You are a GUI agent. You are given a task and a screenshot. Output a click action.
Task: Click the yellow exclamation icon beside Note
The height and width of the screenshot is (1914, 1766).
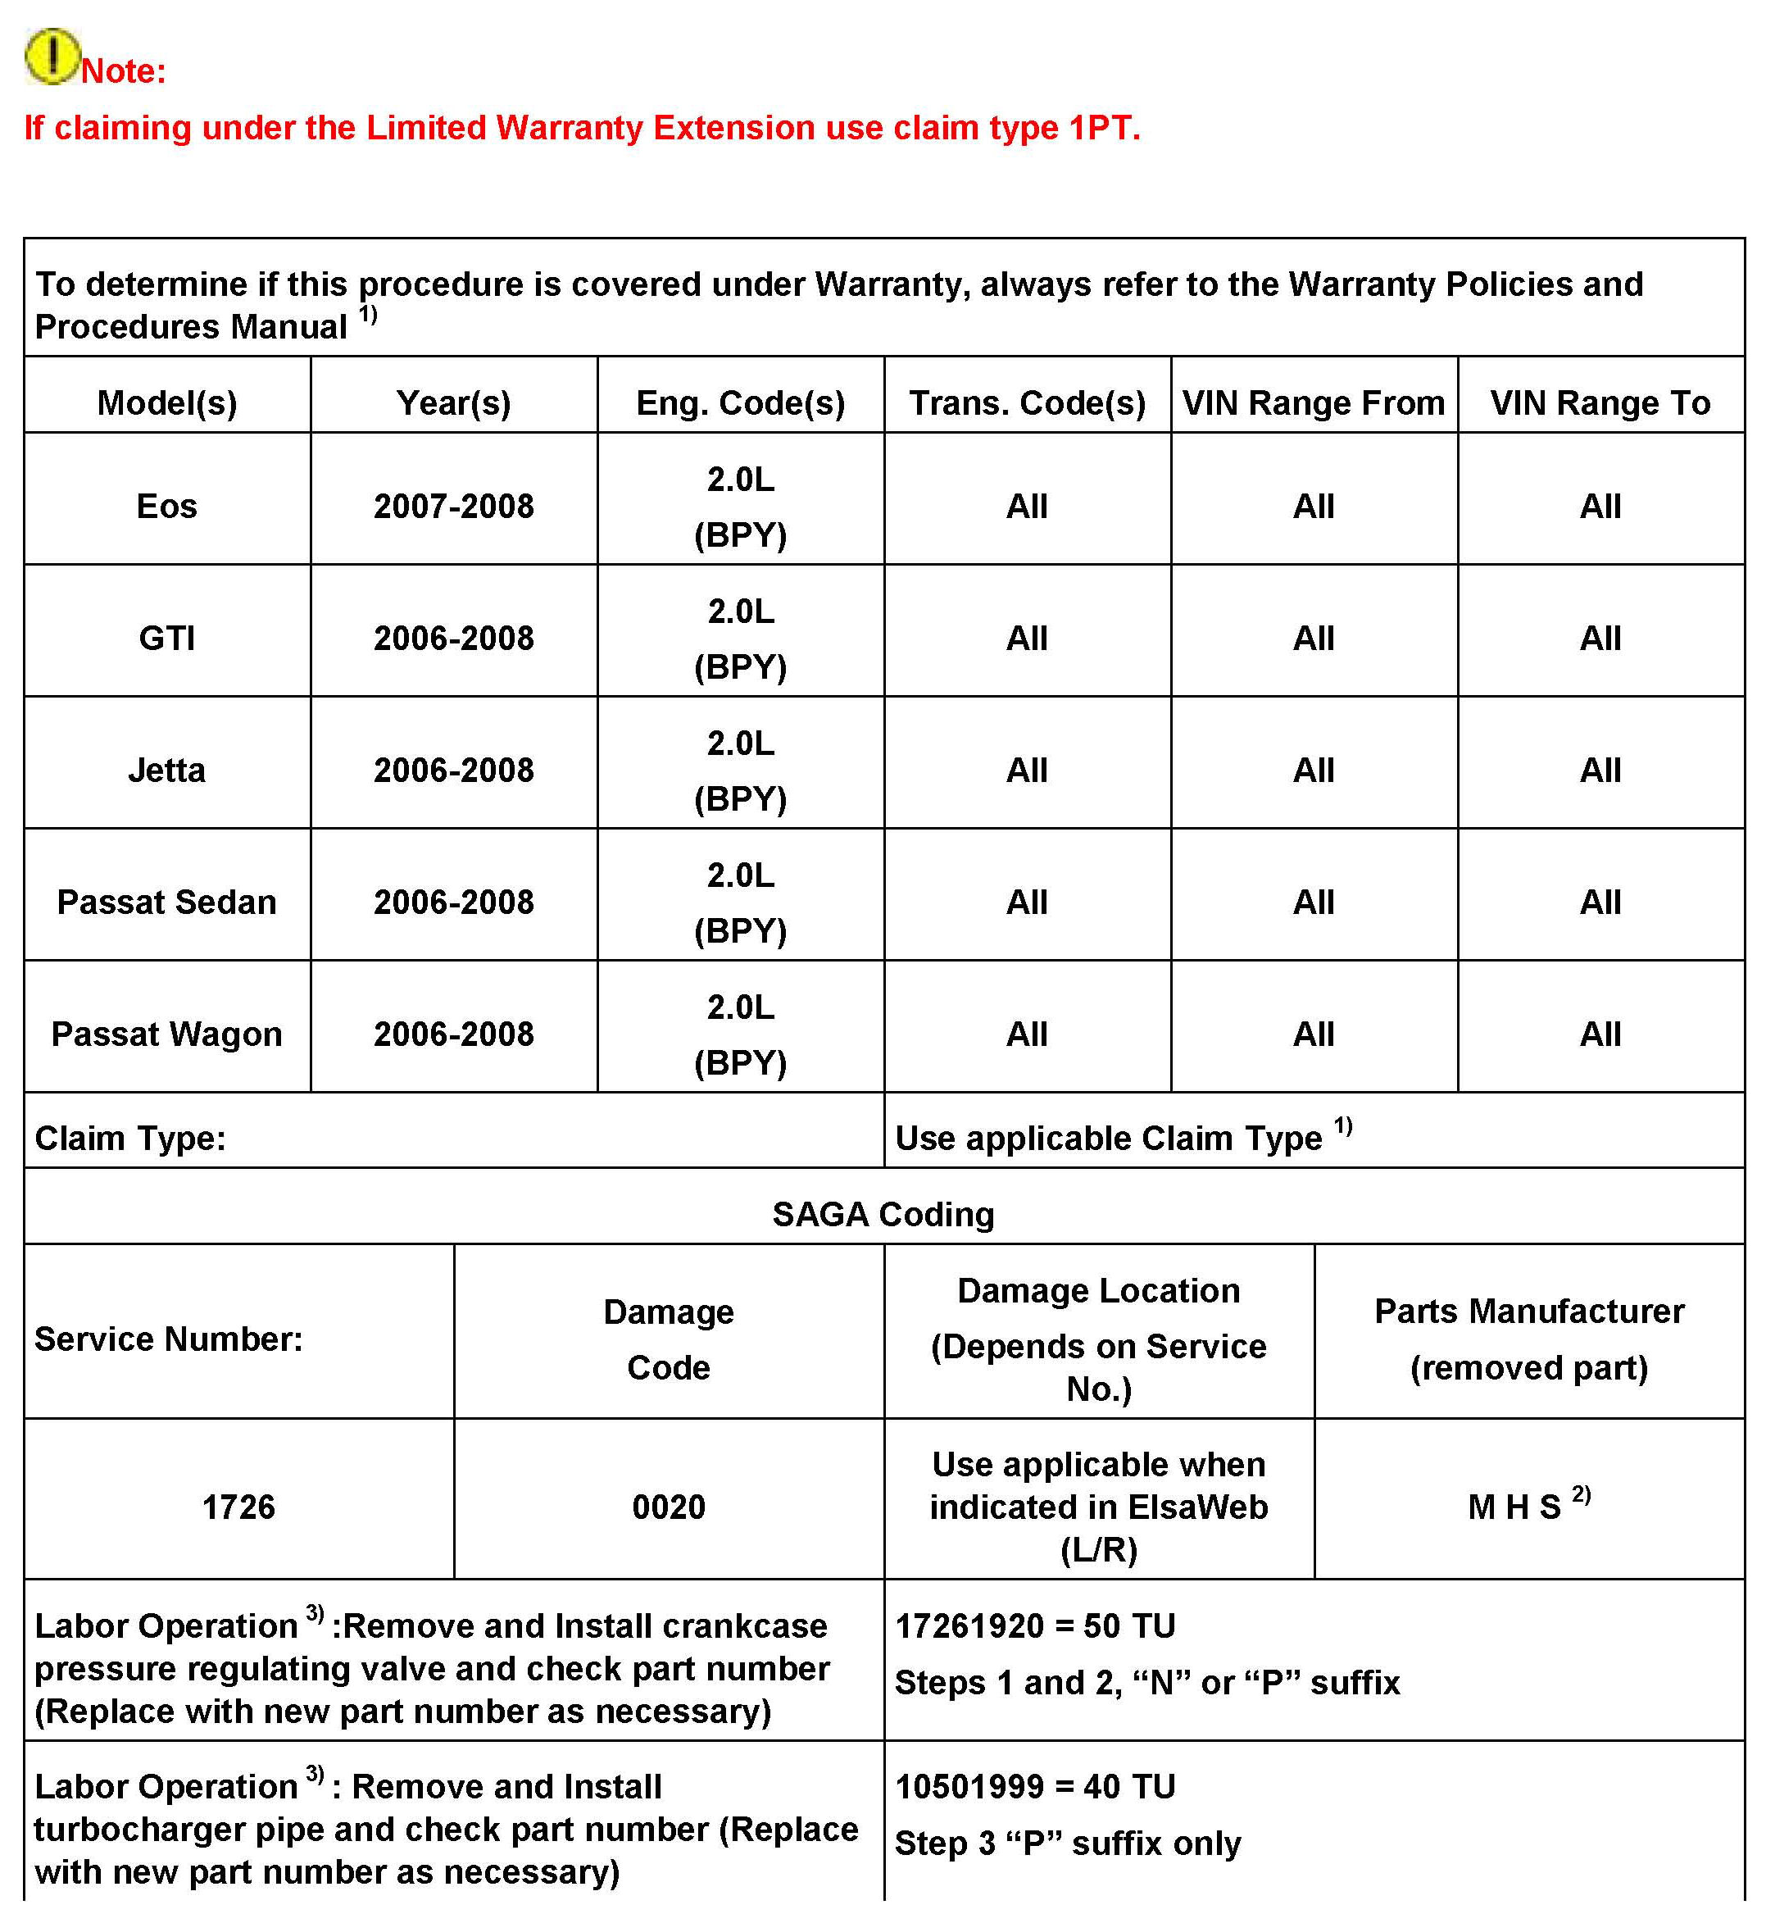coord(52,57)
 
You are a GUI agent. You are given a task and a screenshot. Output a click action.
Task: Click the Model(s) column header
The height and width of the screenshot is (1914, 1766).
coord(167,403)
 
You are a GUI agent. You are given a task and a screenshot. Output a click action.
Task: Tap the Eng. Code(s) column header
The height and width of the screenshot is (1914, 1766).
coord(741,403)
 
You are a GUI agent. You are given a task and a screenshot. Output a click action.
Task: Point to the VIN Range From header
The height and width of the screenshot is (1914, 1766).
coord(1313,403)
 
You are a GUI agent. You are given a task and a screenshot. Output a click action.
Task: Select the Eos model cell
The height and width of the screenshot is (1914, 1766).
coord(167,507)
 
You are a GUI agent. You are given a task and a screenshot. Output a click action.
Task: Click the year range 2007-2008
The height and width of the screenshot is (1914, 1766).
coord(454,507)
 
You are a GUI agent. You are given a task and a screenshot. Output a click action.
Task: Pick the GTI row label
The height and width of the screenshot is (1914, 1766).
coord(167,639)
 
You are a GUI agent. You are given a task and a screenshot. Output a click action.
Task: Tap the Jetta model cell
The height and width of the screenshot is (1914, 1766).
coord(167,771)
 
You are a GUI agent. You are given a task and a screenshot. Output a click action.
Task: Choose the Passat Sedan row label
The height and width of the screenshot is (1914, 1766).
coord(167,902)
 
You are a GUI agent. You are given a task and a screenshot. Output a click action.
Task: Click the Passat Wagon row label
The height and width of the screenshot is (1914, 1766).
coord(167,1034)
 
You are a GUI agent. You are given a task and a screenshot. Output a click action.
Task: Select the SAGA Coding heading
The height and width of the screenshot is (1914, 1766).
coord(883,1215)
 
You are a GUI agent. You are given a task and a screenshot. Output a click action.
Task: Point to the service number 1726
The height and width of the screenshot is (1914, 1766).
coord(239,1507)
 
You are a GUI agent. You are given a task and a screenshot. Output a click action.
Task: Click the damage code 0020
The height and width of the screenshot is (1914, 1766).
coord(669,1507)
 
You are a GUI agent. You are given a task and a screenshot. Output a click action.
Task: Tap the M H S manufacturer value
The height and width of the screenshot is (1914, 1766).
coord(1514,1507)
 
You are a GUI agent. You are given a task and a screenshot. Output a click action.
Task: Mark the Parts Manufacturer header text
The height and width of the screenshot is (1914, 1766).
coord(1529,1312)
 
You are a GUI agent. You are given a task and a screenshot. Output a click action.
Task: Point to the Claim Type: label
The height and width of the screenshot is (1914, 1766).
coord(131,1139)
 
